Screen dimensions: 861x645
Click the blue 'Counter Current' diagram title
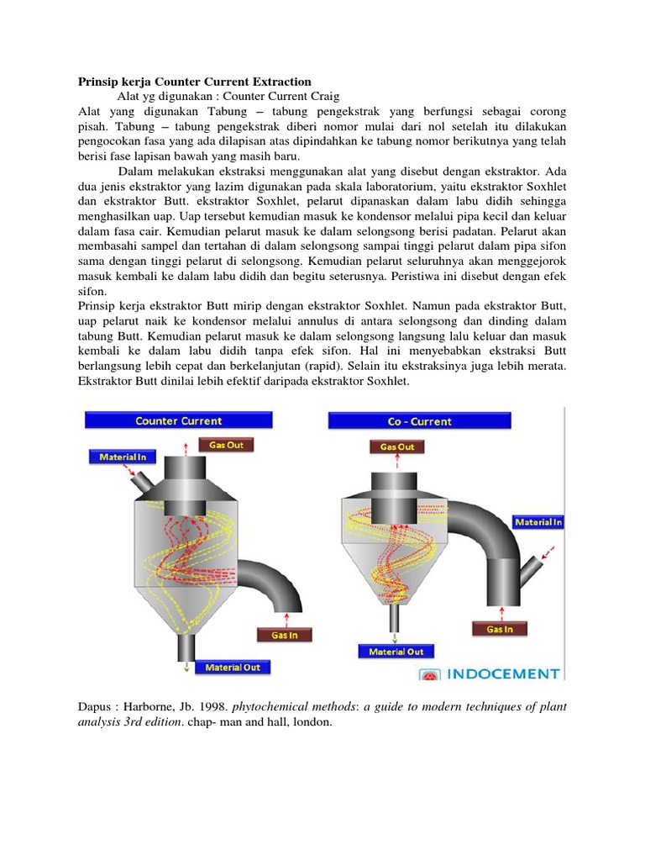178,420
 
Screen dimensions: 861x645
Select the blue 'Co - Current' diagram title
419,421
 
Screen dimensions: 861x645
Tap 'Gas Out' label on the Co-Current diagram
397,446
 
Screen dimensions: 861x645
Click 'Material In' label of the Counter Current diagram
122,457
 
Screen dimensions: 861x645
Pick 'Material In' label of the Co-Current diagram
538,522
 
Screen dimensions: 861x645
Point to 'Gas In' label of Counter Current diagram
284,635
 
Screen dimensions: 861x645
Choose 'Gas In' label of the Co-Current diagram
500,628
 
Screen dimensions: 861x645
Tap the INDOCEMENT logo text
502,673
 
